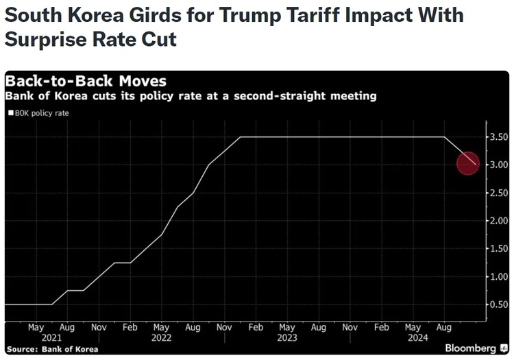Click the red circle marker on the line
(x=468, y=163)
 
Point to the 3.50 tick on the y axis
(x=498, y=137)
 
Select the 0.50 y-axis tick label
(x=498, y=304)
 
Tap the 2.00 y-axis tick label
(x=498, y=221)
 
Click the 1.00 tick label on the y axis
(x=498, y=276)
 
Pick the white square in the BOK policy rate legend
(x=10, y=113)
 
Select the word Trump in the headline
(x=241, y=15)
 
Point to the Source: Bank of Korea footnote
(x=53, y=349)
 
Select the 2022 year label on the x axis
(x=161, y=337)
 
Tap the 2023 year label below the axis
(x=286, y=337)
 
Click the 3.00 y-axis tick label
(x=498, y=165)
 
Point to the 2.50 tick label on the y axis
(x=498, y=193)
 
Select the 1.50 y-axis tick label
(x=498, y=249)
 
